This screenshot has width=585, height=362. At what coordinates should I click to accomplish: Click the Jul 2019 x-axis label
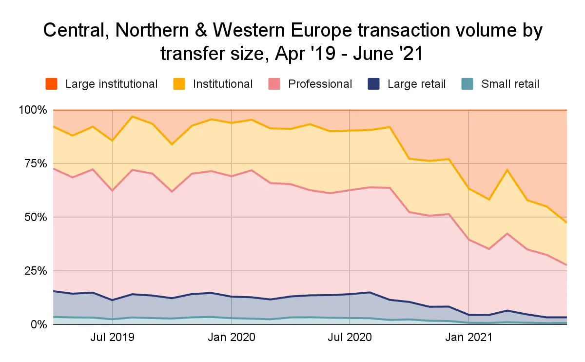click(113, 337)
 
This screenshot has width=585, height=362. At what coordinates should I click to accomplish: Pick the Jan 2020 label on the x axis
click(231, 337)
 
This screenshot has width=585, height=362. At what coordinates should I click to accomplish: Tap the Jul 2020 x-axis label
click(350, 337)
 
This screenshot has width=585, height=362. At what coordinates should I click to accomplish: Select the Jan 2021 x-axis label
click(468, 337)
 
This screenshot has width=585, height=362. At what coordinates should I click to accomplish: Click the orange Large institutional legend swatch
click(52, 84)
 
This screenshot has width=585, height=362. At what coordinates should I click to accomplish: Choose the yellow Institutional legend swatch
click(179, 84)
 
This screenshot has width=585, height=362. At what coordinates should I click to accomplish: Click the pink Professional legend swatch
click(274, 84)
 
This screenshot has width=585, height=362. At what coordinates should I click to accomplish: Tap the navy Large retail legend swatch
click(374, 84)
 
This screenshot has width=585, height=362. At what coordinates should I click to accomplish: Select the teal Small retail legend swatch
click(468, 84)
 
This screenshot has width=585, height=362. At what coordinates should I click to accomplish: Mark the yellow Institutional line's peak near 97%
click(132, 117)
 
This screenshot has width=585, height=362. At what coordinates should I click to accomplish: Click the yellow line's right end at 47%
click(566, 222)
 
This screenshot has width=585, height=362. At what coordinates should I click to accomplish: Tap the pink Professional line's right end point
click(566, 265)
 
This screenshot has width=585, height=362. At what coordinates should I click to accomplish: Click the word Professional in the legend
click(320, 84)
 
